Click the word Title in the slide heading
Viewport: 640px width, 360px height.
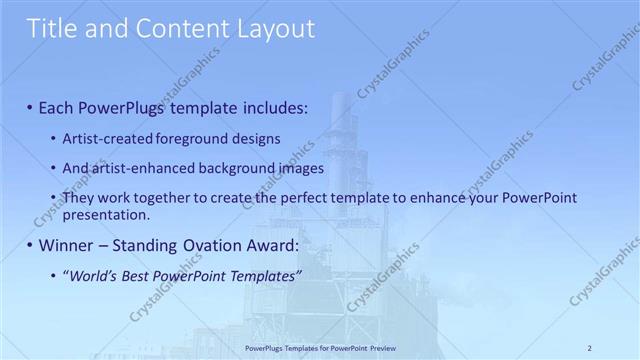coord(54,29)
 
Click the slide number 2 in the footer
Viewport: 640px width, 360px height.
coord(590,347)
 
